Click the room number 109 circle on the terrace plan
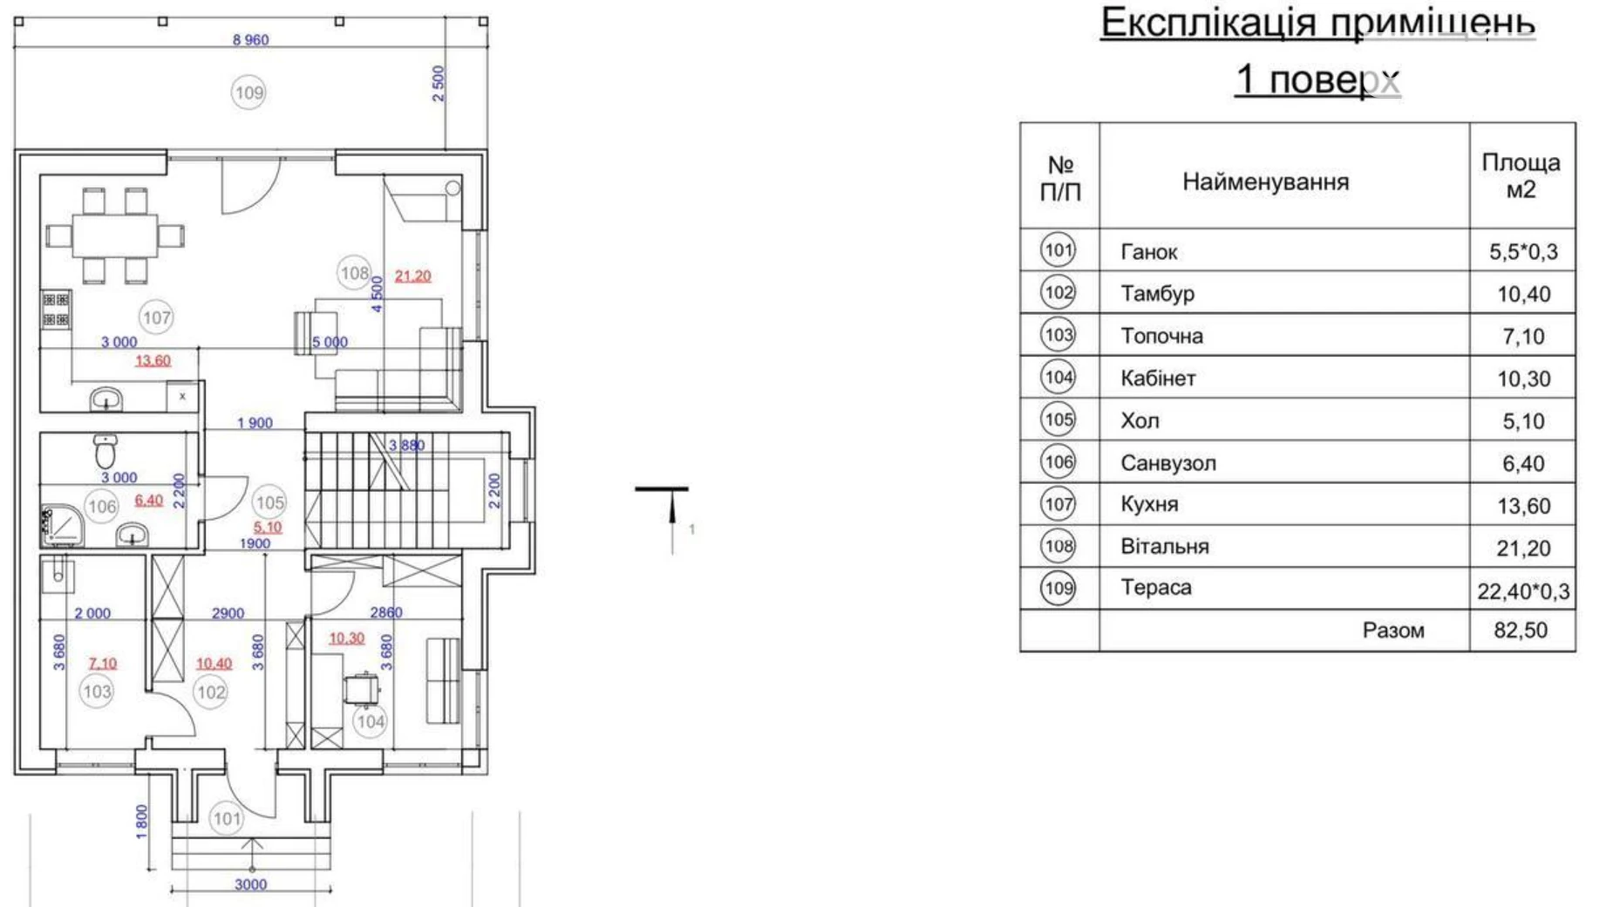(x=248, y=92)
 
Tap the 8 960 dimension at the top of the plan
(x=250, y=40)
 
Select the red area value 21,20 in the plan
(x=412, y=276)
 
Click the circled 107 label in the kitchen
(x=156, y=317)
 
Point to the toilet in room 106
(x=105, y=451)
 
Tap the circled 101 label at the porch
(x=227, y=819)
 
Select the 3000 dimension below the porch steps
(x=250, y=884)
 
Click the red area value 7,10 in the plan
(x=102, y=664)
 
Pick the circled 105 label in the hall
(x=269, y=502)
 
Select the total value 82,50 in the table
(x=1521, y=631)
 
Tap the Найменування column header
(x=1265, y=182)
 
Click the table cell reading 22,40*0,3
(x=1523, y=592)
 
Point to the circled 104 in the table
(x=1058, y=377)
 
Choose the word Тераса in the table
(x=1156, y=588)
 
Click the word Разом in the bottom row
(x=1393, y=631)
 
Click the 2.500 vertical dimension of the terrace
(x=439, y=84)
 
